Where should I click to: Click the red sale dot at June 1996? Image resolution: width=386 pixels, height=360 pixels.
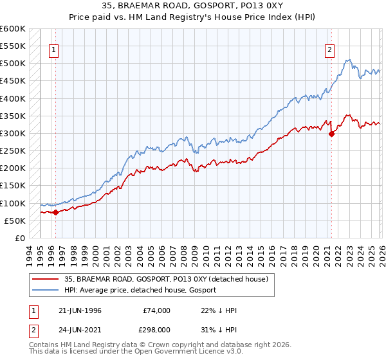coord(56,212)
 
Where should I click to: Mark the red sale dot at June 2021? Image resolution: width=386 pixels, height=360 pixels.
coord(331,134)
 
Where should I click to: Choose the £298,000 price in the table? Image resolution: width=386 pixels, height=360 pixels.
coord(156,328)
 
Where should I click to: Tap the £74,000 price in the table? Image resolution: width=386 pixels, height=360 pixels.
coord(156,310)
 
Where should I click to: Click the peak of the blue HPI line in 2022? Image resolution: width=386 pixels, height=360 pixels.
coord(347,60)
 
